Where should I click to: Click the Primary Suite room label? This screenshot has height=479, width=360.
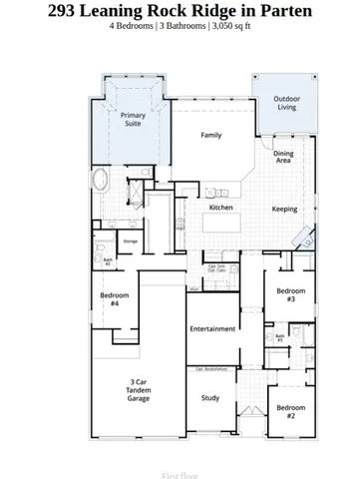[133, 120]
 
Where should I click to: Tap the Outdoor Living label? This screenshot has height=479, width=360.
[286, 103]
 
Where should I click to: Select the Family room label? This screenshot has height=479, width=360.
[211, 135]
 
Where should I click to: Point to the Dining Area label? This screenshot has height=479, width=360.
[283, 157]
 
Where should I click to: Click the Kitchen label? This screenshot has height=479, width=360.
[220, 208]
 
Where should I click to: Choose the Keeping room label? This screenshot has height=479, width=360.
[284, 210]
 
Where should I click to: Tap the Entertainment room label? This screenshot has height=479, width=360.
[212, 328]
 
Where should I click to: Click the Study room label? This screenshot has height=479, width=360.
[210, 398]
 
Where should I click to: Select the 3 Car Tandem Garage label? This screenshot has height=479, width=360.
[139, 390]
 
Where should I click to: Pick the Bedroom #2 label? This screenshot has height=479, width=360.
[290, 411]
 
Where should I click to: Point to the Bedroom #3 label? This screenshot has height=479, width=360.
[290, 294]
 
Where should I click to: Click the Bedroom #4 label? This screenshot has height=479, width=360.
[114, 299]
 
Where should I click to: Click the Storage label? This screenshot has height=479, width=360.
[130, 240]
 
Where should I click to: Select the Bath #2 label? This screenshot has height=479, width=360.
[108, 261]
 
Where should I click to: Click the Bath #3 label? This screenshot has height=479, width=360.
[280, 338]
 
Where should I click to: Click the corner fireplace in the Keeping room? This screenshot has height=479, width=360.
[308, 239]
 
